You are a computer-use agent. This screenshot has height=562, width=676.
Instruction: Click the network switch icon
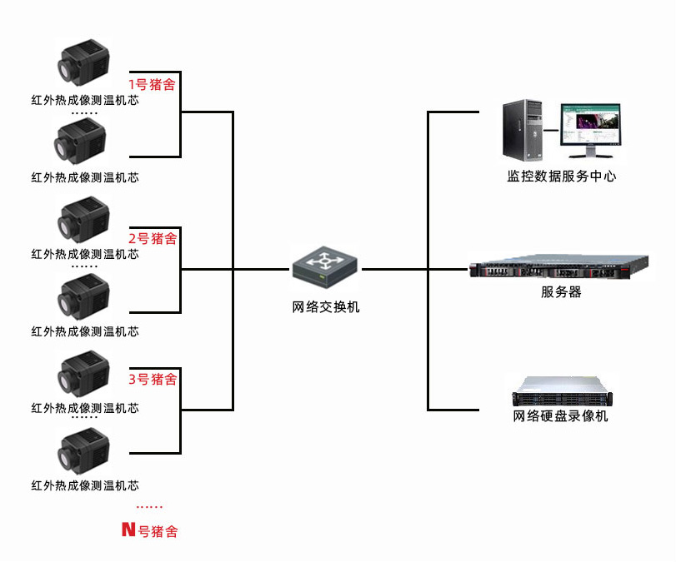coord(324,267)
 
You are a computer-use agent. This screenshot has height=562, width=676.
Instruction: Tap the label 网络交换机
coord(326,307)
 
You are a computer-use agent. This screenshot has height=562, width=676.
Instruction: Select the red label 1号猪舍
coord(152,84)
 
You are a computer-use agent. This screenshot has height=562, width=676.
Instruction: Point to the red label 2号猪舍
coord(153,238)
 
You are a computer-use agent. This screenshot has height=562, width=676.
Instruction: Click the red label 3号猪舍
coord(153,379)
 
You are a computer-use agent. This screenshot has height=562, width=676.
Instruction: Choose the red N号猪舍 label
coord(149,530)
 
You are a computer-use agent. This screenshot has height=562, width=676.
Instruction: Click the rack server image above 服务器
coord(558,266)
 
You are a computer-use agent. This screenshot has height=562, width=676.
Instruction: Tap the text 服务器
coord(561,292)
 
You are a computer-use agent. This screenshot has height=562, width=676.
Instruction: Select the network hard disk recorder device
coord(562,391)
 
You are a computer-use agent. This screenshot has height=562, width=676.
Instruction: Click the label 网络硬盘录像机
coord(560,416)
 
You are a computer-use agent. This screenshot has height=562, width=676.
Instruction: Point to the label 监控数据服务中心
coord(561,176)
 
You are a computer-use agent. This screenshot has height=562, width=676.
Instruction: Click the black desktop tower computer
coord(523,130)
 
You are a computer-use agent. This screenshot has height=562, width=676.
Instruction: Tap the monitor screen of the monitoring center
coord(591,125)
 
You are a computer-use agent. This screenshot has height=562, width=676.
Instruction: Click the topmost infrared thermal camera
coord(83,63)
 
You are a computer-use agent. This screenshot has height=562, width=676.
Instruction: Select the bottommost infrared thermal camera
coord(83,451)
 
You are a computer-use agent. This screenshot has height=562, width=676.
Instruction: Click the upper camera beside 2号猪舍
coord(83,220)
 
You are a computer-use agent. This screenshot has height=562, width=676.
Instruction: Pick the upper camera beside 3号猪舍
coord(83,374)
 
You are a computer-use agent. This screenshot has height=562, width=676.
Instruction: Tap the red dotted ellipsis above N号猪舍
coord(149,507)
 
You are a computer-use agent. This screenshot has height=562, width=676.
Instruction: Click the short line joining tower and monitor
coord(551,130)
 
